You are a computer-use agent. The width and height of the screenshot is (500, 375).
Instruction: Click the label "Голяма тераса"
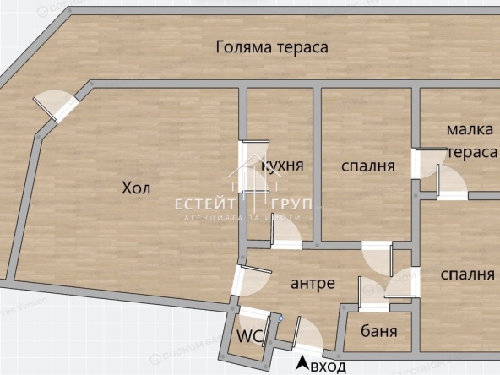pos(271,47)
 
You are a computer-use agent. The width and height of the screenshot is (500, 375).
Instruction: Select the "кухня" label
pos(283,165)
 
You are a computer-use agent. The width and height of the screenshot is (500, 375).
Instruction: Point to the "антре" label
pos(312,283)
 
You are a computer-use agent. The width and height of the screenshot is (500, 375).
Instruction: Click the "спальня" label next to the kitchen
pos(368,166)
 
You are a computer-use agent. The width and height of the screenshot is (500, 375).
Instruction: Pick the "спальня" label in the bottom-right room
pos(467,274)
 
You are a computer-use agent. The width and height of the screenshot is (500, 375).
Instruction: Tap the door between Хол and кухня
pos(250,166)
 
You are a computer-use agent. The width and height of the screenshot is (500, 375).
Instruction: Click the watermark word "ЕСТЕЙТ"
pos(200,204)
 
